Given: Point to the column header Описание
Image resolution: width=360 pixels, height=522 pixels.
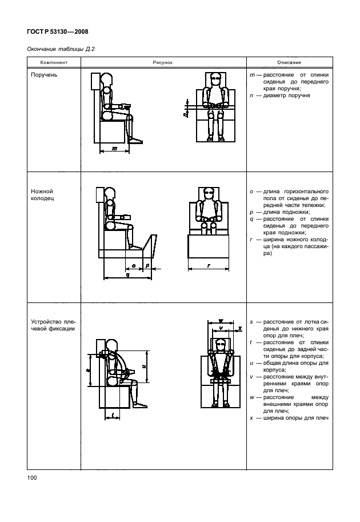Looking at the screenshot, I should coord(289,62).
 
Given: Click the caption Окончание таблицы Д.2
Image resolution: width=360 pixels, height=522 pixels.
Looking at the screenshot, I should coord(61,50).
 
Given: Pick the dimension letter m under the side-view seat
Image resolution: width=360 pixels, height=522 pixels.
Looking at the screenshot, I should coord(114,148).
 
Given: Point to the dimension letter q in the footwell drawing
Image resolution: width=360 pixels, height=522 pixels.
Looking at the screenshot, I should coord(126,274).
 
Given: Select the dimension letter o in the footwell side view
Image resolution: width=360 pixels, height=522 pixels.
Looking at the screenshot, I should coord(133,265).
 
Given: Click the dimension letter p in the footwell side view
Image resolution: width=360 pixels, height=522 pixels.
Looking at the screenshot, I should coord(147,265).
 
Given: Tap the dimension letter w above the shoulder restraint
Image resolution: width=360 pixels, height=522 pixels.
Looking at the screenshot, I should coord(220,320).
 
